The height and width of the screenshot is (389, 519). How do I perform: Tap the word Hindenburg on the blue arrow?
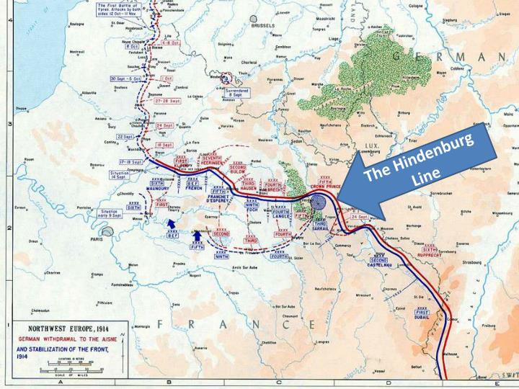425,155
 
